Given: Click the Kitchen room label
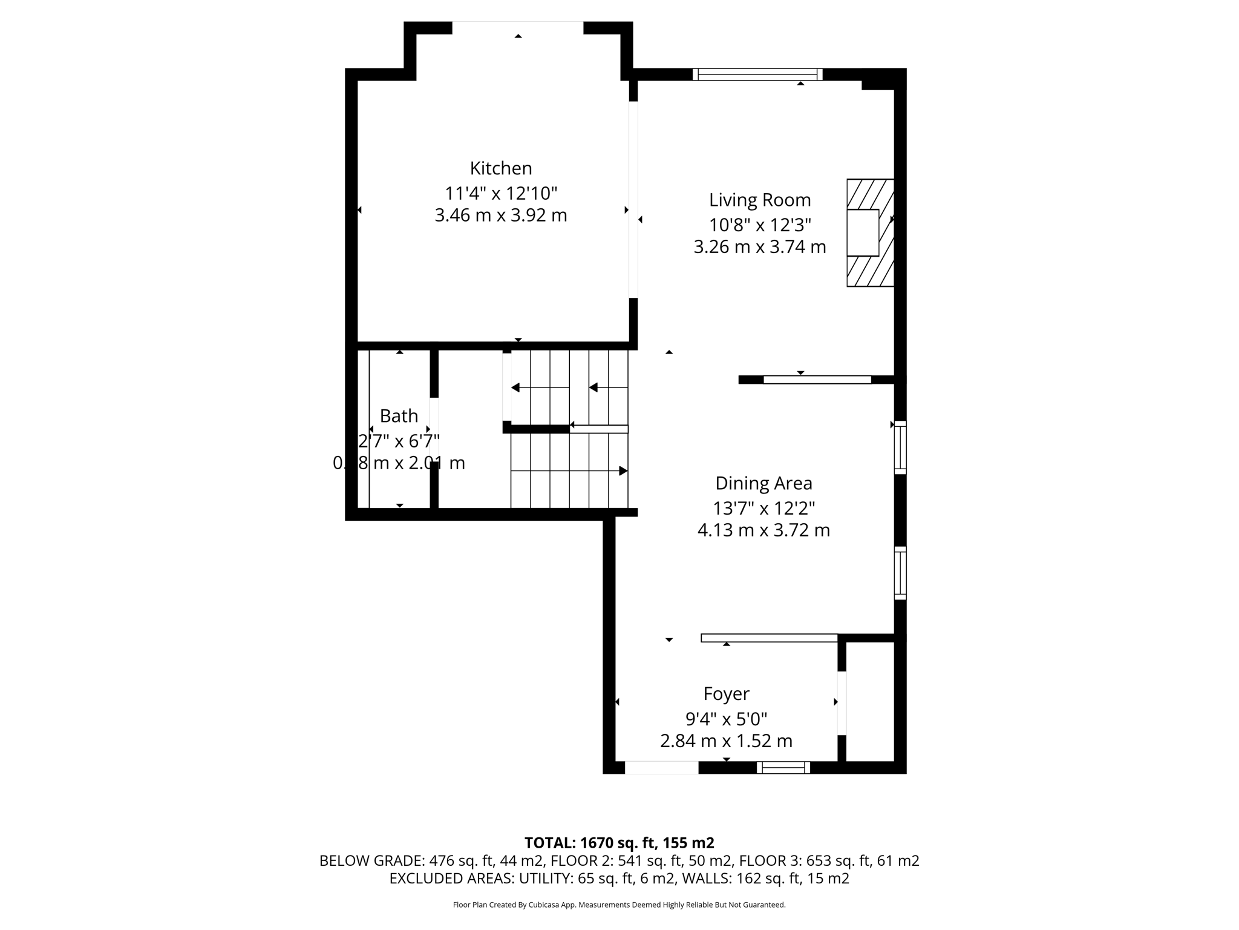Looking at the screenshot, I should [x=501, y=168].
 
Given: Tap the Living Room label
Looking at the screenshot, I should [x=760, y=200].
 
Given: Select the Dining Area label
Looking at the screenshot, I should [x=763, y=483].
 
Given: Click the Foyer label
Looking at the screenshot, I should [x=726, y=693].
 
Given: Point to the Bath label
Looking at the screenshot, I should [x=399, y=416].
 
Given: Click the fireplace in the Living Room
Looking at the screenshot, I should [x=869, y=232].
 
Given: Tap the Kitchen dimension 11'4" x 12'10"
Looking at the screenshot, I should [x=501, y=194].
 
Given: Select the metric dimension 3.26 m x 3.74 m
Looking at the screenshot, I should [x=760, y=247].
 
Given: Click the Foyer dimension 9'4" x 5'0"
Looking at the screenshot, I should [x=726, y=719].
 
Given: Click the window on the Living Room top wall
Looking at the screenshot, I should [x=757, y=74].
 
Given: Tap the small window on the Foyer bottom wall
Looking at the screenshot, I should [x=783, y=768].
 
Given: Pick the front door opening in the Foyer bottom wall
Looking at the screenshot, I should [x=661, y=768].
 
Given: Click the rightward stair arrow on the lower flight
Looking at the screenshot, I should [x=623, y=471].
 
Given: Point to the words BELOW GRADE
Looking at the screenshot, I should [x=371, y=861].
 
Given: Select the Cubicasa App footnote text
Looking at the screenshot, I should [x=619, y=905].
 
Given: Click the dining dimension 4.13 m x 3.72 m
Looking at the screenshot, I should [x=763, y=530].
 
